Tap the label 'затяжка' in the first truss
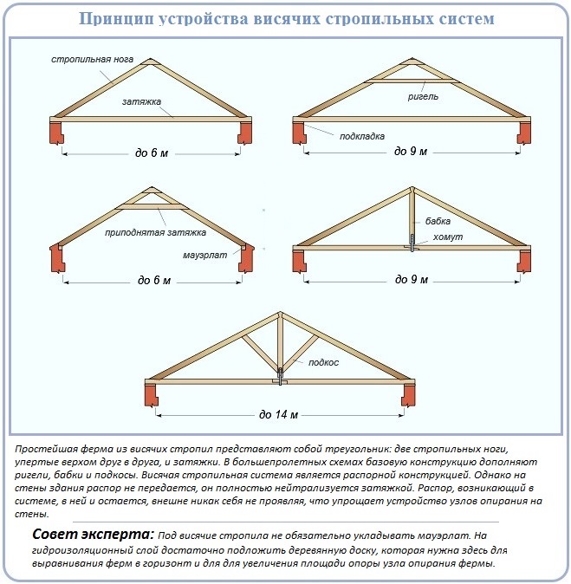(x=141, y=101)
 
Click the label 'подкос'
(x=323, y=361)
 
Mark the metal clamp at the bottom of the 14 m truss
(x=280, y=380)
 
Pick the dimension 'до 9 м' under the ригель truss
(x=411, y=151)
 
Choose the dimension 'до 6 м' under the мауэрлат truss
(x=154, y=281)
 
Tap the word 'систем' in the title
(x=464, y=18)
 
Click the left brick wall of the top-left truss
(x=58, y=133)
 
